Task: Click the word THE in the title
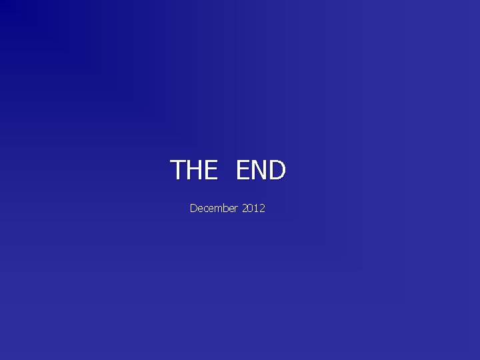194,170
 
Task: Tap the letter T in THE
178,170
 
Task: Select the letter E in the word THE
210,170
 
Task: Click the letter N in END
260,170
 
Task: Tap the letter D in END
277,170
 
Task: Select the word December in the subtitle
214,209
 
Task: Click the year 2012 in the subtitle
254,209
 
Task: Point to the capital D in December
193,209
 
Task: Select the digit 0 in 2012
251,209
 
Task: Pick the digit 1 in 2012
257,209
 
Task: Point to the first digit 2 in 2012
245,209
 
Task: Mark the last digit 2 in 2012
263,209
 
